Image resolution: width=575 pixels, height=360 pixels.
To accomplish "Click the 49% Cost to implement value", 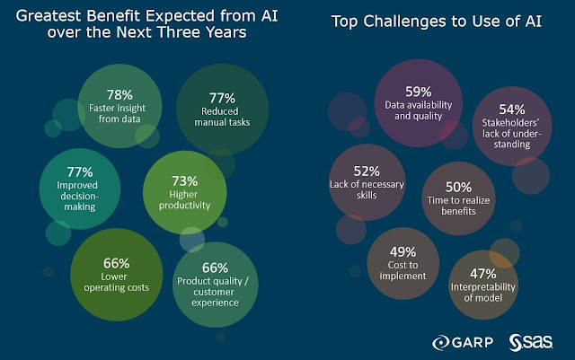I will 402,254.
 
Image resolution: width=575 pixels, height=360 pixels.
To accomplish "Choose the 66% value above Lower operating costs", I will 116,263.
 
